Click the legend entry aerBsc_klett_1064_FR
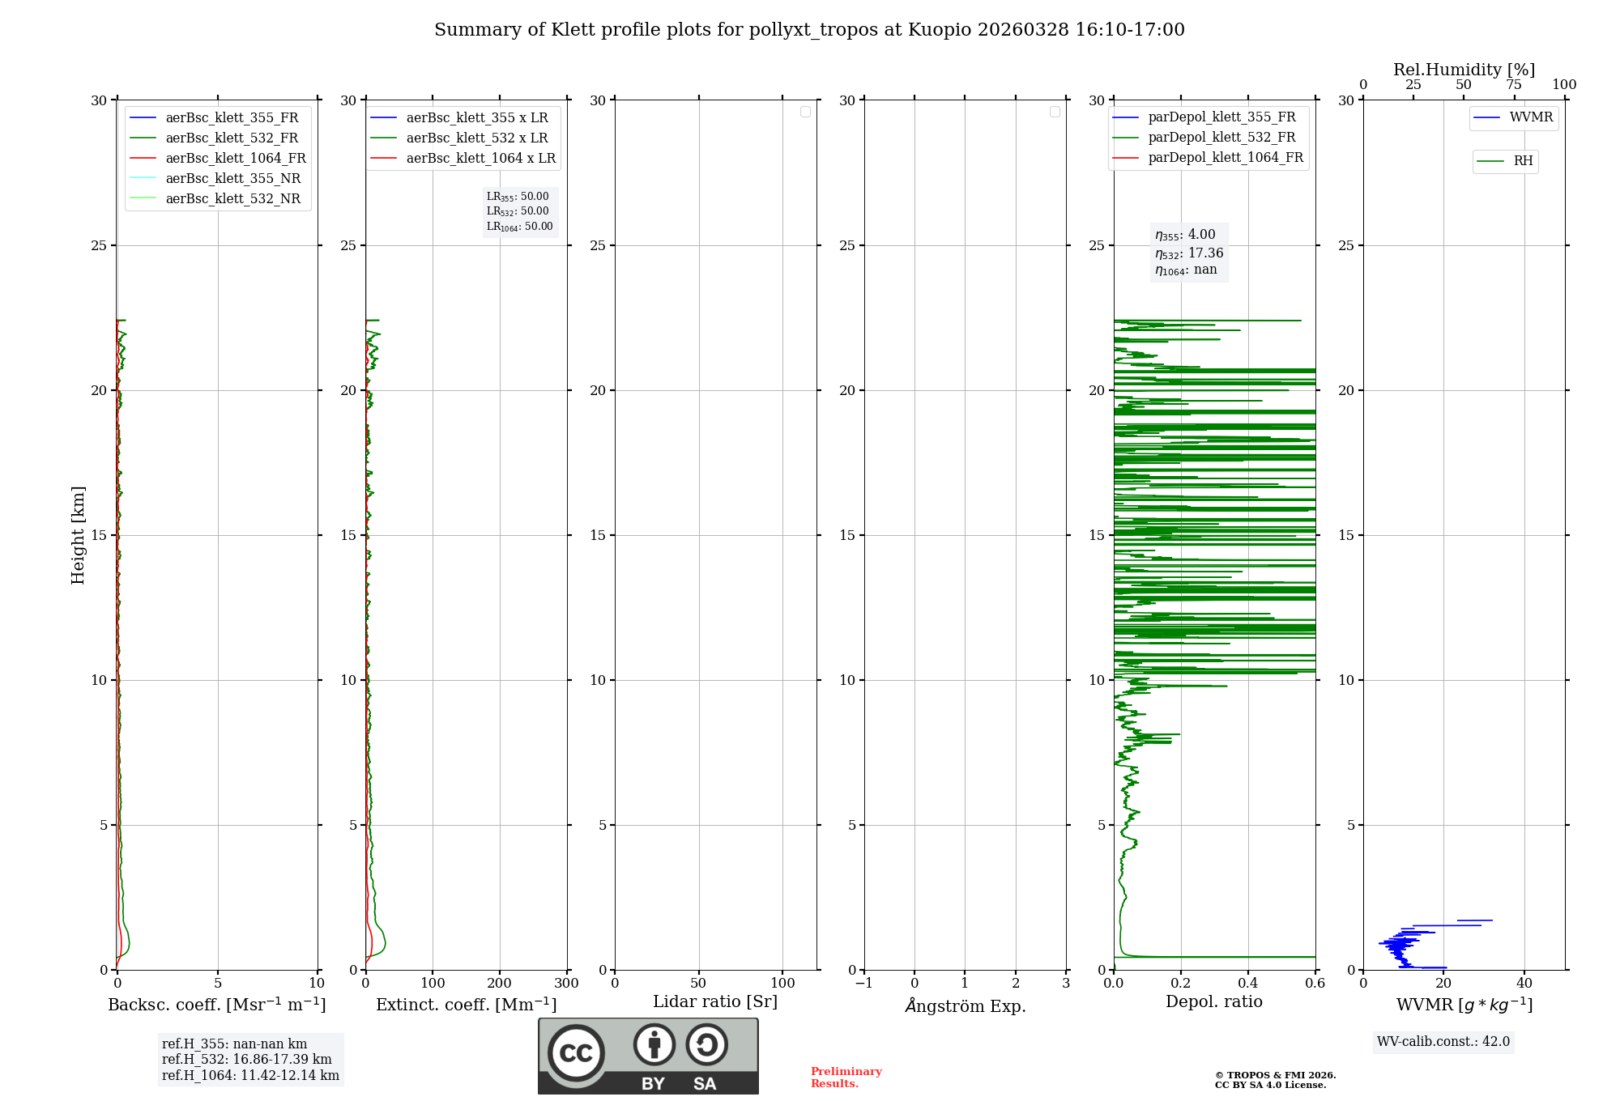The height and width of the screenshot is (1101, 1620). pos(235,158)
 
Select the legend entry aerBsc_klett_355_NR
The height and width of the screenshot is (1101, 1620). pos(232,178)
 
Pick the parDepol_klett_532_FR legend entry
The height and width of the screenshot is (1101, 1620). pos(1221,138)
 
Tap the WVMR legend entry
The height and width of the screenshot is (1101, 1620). pos(1531,117)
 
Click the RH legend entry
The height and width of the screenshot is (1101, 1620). pos(1523,161)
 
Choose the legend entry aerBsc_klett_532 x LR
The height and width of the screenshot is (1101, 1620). pos(477,138)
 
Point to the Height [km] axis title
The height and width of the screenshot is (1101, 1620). pos(78,535)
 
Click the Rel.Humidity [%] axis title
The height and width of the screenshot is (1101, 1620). pos(1464,70)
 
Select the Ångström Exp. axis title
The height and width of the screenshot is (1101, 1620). pos(965,1005)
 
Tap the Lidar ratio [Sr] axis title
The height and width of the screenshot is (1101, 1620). pos(715,1001)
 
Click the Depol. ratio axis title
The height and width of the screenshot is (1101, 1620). pos(1213,1001)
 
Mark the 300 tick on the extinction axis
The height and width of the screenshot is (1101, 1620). pos(567,983)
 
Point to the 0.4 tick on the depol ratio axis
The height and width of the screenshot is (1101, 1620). pos(1247,983)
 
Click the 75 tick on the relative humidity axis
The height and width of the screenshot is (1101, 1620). pos(1513,84)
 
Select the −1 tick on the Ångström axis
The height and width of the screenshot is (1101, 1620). pos(863,983)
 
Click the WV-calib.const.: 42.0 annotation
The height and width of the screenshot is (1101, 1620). pos(1443,1041)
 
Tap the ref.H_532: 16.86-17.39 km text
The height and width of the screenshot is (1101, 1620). pos(246,1059)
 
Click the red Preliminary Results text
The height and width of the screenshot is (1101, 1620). pos(846,1077)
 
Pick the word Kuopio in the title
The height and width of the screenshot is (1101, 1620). pos(939,30)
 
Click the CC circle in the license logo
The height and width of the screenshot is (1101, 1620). pos(576,1052)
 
